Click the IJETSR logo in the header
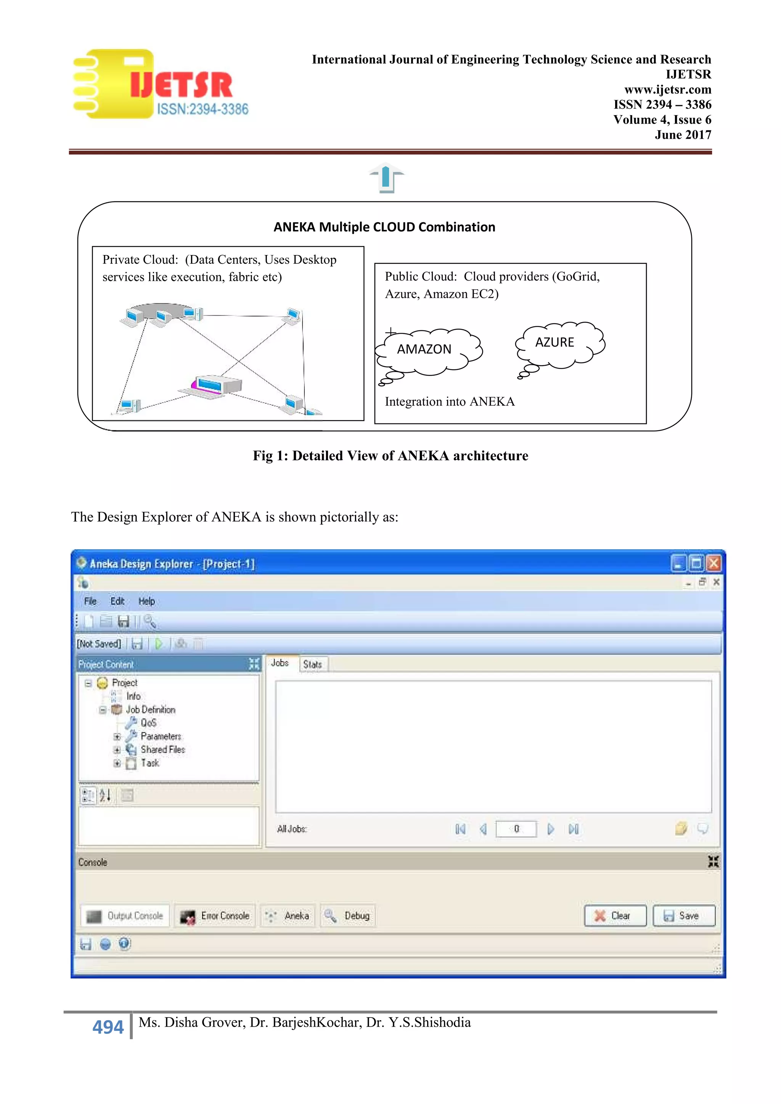[x=160, y=85]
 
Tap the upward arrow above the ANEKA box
[x=386, y=178]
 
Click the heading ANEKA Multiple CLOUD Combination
[x=384, y=227]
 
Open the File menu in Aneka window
[x=90, y=602]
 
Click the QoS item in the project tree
[x=148, y=723]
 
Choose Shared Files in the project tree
[x=162, y=749]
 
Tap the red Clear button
[x=615, y=916]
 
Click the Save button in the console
[x=683, y=916]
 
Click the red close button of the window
[x=714, y=563]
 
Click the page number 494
[x=108, y=1027]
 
